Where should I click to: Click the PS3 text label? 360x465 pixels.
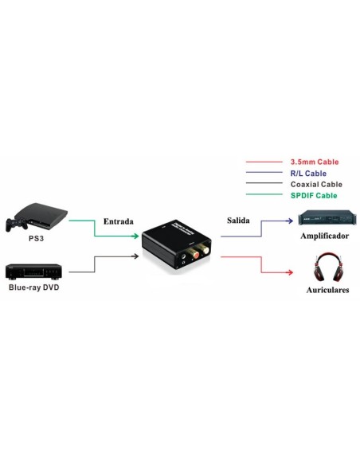click(36, 237)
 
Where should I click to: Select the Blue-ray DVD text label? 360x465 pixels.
click(34, 287)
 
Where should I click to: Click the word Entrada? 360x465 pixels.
click(118, 221)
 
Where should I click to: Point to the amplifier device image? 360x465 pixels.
click(323, 218)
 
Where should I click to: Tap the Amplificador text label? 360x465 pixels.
click(324, 236)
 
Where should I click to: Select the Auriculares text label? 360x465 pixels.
click(327, 291)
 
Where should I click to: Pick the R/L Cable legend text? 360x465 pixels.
click(309, 173)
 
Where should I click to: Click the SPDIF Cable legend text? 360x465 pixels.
click(314, 195)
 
